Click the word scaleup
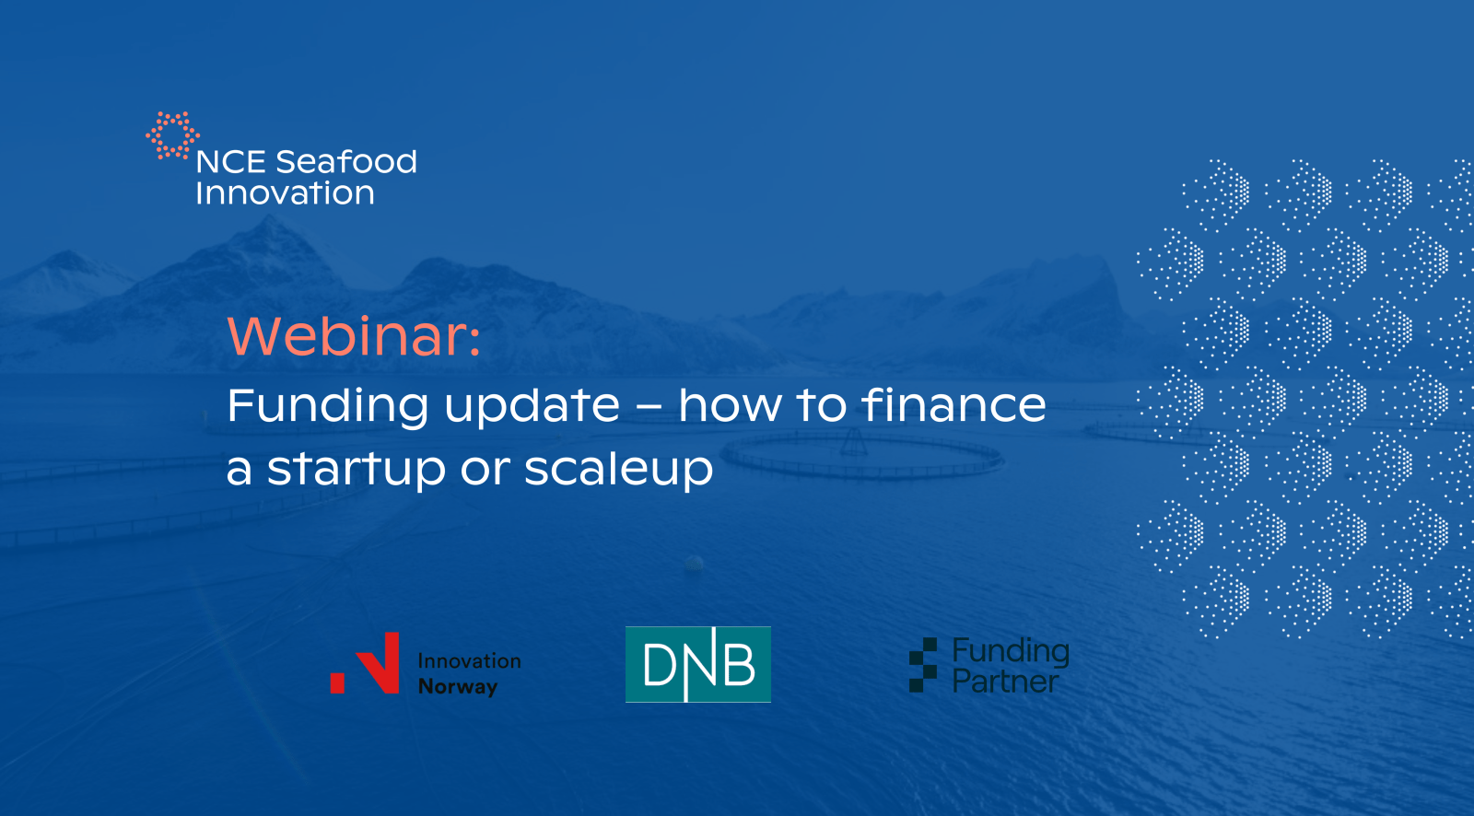pos(618,469)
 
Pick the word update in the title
pos(532,407)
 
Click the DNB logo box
pos(698,665)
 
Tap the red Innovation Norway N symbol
pos(365,663)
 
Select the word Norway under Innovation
pos(458,686)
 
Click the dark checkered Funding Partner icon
pos(922,665)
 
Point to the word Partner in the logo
pos(1005,682)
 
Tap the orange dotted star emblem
pos(172,135)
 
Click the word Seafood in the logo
pos(346,162)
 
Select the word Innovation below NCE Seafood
pos(285,192)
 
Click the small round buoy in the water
pos(695,564)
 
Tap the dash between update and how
pos(649,408)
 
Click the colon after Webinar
pos(474,340)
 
